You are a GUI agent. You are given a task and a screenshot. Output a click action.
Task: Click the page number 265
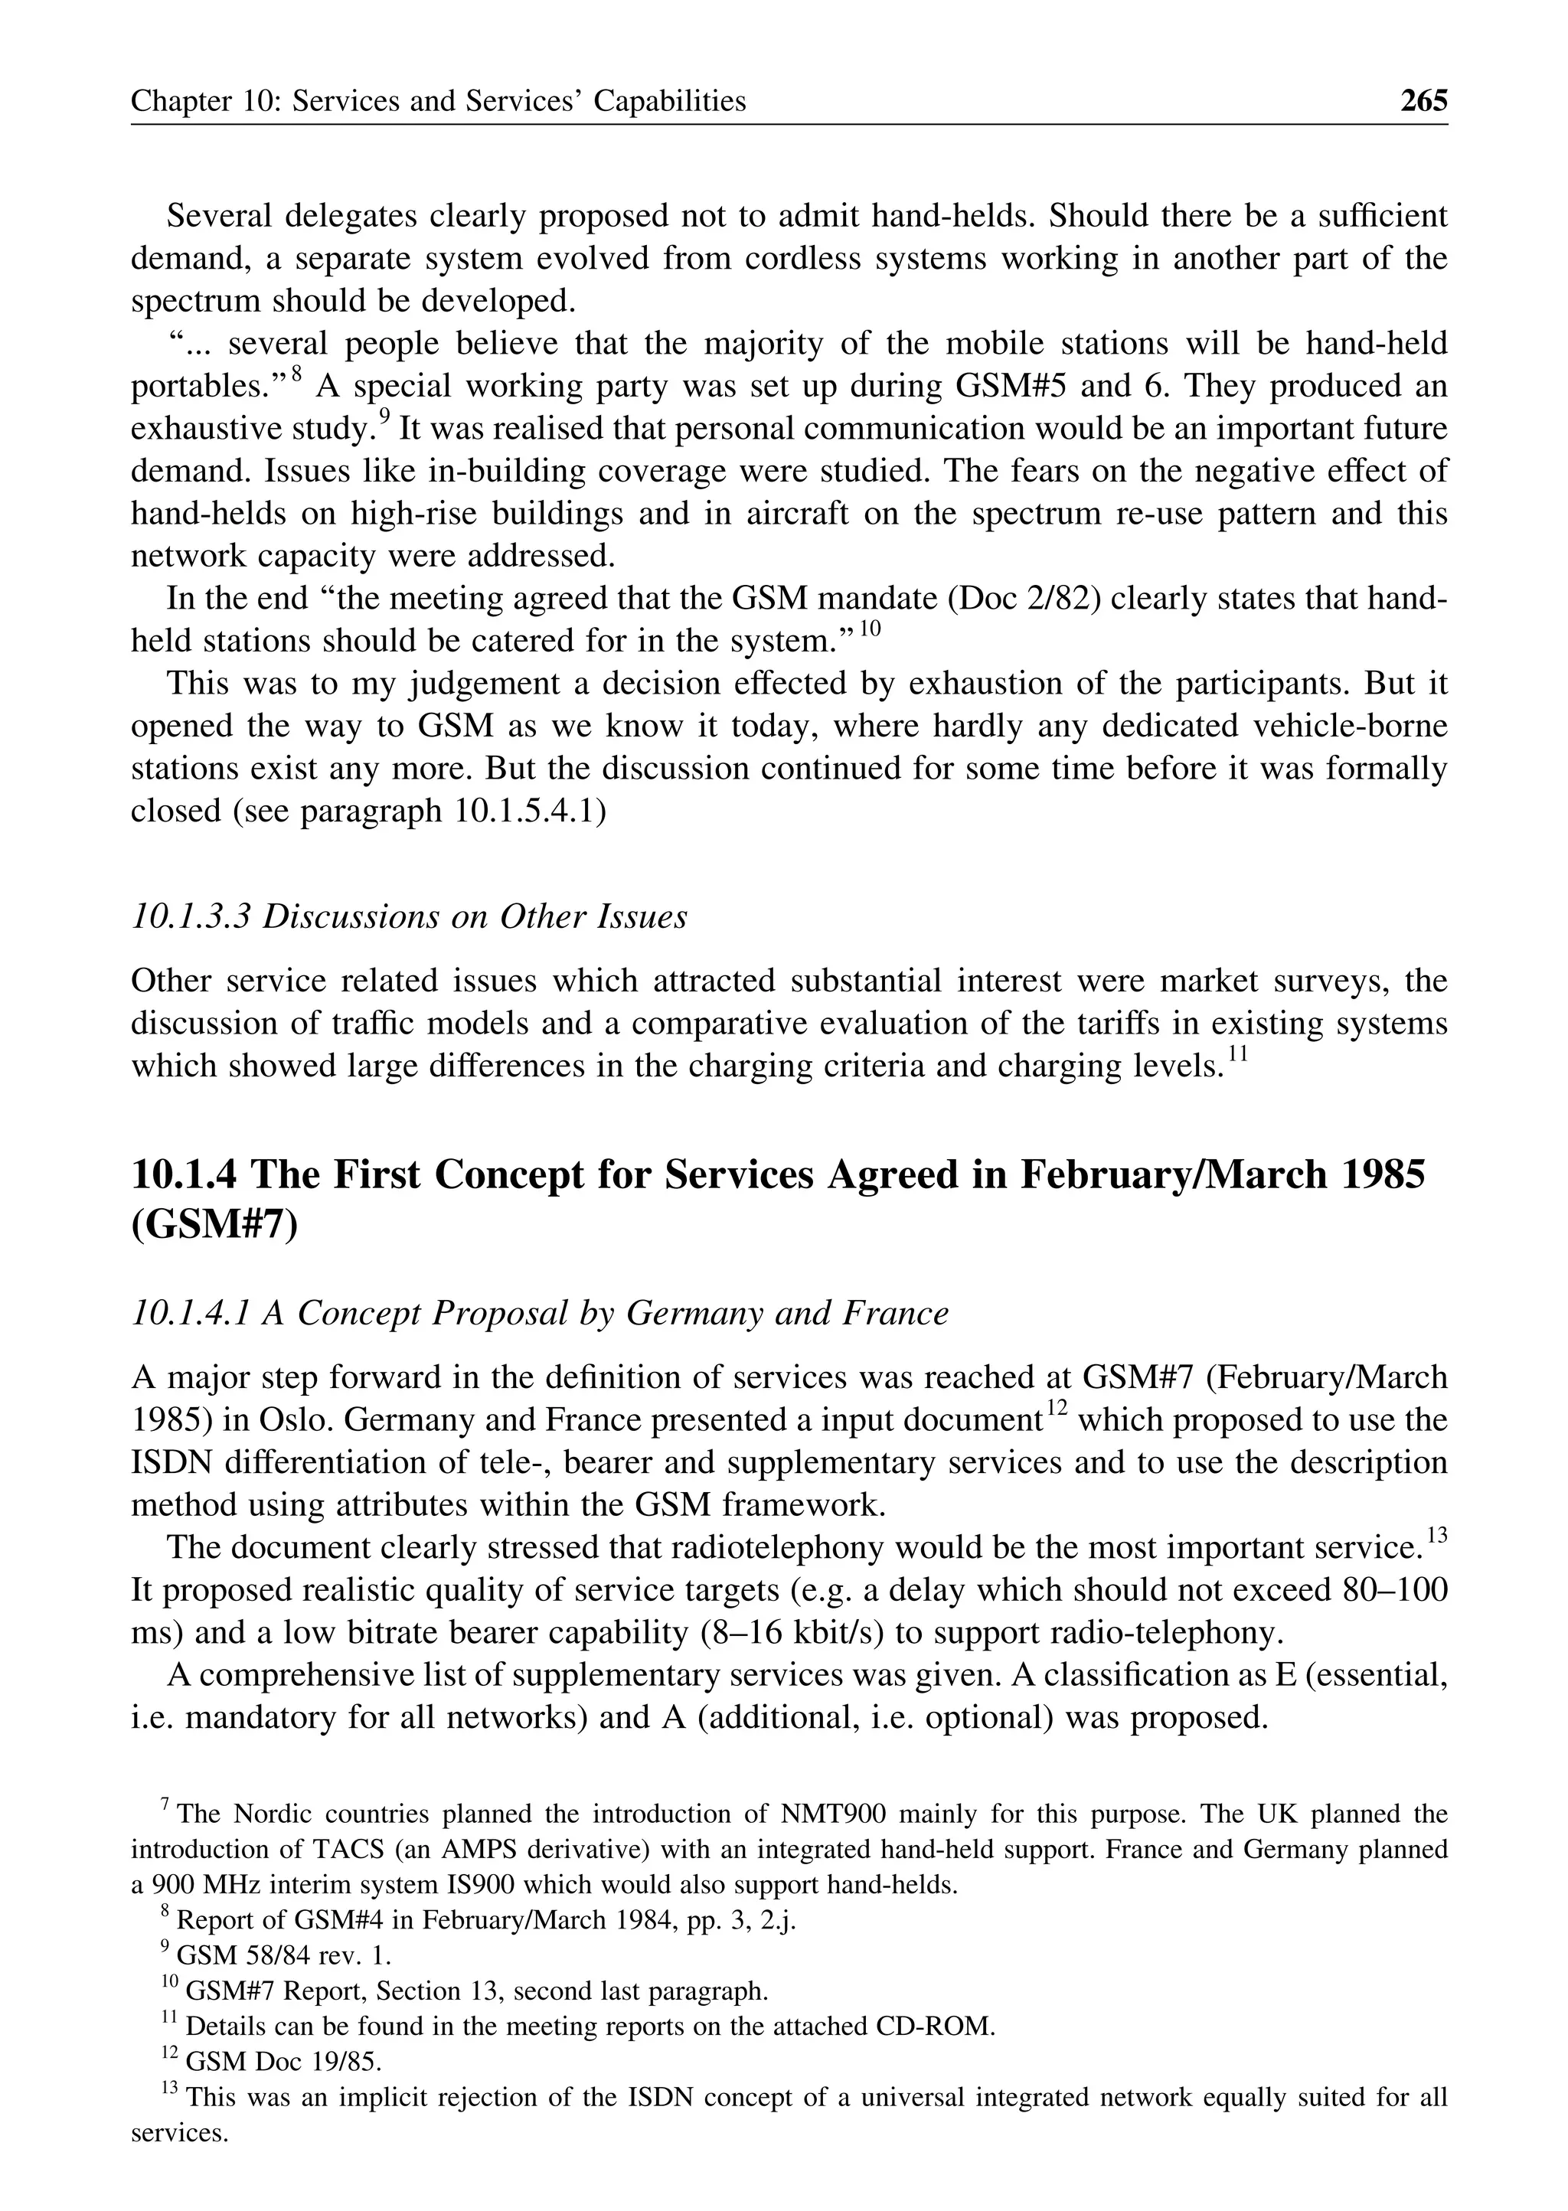tap(1423, 100)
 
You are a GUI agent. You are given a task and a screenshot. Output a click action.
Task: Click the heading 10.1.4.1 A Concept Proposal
tap(539, 1313)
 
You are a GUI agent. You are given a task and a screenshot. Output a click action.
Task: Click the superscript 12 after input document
tap(1057, 1409)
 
